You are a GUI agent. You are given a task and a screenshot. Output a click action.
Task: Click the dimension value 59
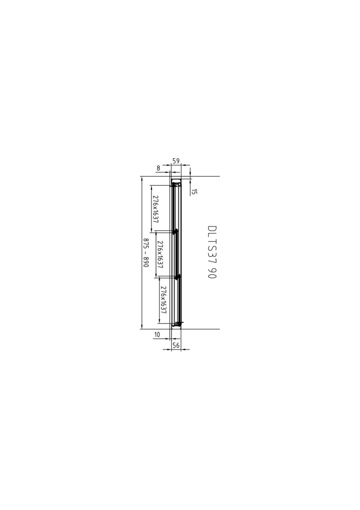tap(176, 161)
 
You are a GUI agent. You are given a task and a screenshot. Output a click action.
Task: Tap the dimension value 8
tap(158, 168)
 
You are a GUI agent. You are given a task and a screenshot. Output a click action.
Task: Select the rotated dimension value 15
tap(194, 192)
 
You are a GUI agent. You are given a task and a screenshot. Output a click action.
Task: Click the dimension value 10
tap(157, 334)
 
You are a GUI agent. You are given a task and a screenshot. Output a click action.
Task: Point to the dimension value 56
tap(176, 345)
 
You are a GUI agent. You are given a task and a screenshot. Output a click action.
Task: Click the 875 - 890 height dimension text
tap(146, 253)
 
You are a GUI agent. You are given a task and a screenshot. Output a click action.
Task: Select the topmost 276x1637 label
tap(156, 209)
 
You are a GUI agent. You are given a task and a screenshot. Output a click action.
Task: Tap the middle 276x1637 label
tap(159, 254)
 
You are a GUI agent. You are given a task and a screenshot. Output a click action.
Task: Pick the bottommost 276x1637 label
tap(163, 300)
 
